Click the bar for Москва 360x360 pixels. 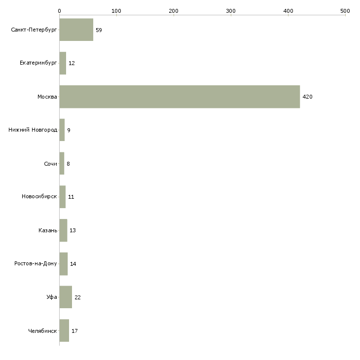point(180,97)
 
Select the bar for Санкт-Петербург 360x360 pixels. point(76,30)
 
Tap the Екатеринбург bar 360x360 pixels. point(63,63)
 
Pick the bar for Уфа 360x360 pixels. point(66,297)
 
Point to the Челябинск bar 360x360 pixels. point(64,330)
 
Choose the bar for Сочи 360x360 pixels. point(62,163)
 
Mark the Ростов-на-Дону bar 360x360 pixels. point(64,264)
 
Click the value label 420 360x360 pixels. point(307,97)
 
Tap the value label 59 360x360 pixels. point(99,30)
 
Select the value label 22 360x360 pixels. point(77,297)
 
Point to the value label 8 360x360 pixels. point(68,164)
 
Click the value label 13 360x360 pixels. point(72,230)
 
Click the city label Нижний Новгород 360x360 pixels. point(33,130)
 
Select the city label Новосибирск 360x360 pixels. point(39,197)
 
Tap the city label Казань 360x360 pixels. point(48,230)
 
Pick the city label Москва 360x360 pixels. point(47,97)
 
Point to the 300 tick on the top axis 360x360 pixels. point(231,15)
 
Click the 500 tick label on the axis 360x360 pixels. point(345,11)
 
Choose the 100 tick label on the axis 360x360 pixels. point(116,11)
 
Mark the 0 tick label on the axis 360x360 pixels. point(60,11)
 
